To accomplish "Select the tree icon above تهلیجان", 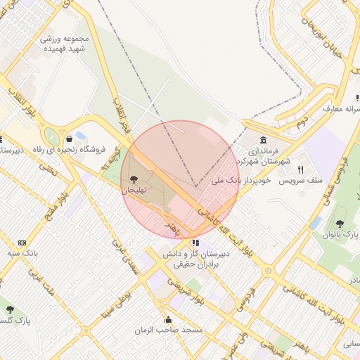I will pos(134,179).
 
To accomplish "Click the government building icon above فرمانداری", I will pos(263,139).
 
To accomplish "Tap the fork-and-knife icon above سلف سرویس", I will pos(300,169).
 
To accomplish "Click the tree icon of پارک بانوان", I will pos(340,224).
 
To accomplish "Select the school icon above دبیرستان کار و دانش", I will pos(195,243).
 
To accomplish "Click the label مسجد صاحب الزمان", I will pos(174,330).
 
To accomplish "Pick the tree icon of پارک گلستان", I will pos(10,309).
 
